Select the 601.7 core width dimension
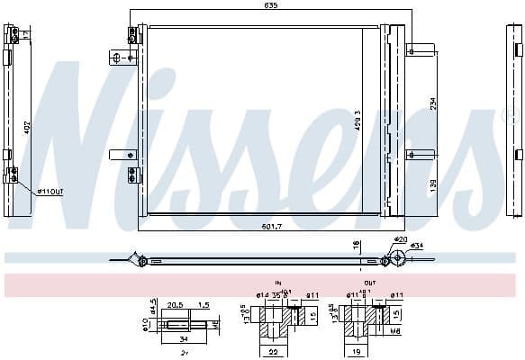[x=261, y=225]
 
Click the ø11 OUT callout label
[x=50, y=192]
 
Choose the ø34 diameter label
[x=417, y=246]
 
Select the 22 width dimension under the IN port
[x=274, y=353]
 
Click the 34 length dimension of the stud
[x=183, y=340]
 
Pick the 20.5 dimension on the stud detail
[x=176, y=305]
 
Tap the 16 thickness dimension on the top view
[x=357, y=244]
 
